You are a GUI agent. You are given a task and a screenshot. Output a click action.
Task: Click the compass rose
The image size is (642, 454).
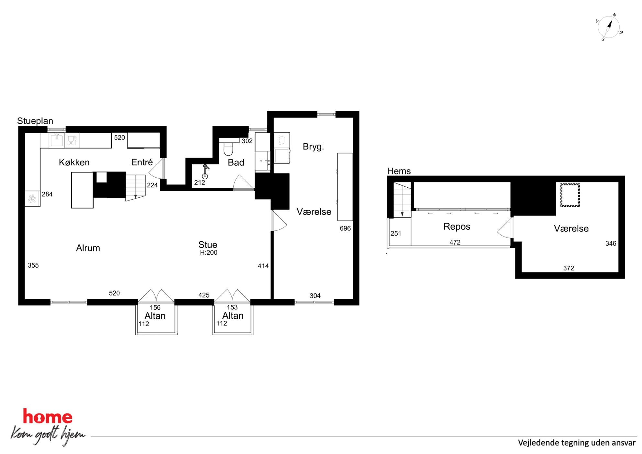click(609, 27)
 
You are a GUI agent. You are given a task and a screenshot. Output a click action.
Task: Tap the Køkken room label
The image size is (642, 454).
click(74, 162)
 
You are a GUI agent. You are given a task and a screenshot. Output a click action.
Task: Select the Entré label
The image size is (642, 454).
click(142, 162)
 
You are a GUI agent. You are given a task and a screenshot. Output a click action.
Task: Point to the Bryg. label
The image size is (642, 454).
click(313, 147)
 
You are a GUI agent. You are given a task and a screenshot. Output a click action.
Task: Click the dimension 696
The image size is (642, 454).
click(345, 228)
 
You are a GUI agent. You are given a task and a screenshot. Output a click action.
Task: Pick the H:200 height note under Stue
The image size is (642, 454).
click(208, 253)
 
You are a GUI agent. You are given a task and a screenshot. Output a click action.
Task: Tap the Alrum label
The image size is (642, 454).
click(88, 248)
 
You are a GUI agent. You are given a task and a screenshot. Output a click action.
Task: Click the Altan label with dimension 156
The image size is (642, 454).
click(155, 316)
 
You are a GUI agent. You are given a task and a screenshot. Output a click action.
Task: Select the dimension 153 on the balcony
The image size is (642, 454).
click(232, 307)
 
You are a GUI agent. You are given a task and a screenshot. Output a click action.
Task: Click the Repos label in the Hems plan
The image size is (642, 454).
click(457, 227)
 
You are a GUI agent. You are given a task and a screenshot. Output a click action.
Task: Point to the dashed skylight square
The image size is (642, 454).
click(570, 195)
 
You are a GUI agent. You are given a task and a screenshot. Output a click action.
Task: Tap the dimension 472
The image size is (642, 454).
click(455, 242)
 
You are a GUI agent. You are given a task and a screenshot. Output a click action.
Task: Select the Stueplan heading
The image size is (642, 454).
click(35, 121)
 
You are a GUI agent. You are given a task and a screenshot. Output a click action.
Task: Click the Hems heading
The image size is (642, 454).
click(399, 171)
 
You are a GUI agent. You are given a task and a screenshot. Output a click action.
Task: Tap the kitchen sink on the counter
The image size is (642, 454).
click(57, 140)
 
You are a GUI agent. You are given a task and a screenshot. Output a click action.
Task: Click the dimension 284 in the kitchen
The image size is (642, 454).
click(47, 194)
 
